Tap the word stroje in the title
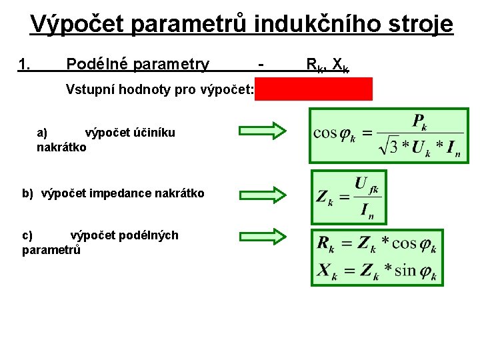click(x=418, y=25)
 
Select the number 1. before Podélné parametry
click(x=25, y=65)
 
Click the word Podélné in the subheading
click(x=97, y=65)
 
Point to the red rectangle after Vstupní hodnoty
click(x=313, y=89)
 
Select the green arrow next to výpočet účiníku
click(x=262, y=130)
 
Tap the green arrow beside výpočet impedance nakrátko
click(x=262, y=195)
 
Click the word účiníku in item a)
click(x=153, y=133)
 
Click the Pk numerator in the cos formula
click(x=419, y=121)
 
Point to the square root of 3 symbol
click(x=385, y=146)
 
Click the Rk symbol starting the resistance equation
click(x=326, y=245)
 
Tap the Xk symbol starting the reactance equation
click(x=326, y=271)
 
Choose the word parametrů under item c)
click(x=51, y=250)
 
